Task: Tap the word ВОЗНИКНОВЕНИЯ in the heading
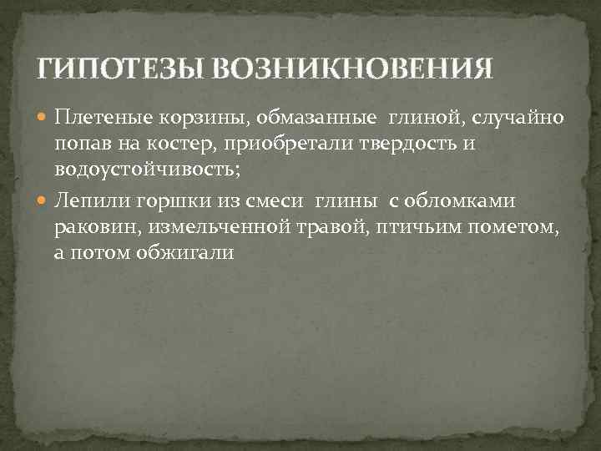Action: pos(351,68)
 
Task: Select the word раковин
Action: pos(93,226)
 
